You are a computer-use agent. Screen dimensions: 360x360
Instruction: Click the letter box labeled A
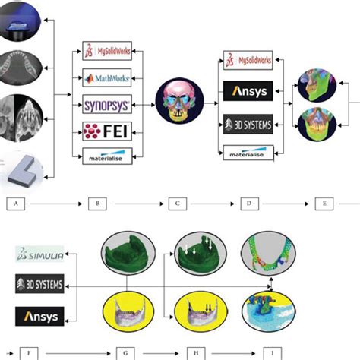pos(17,204)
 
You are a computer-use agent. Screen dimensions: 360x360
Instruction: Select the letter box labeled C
pos(177,204)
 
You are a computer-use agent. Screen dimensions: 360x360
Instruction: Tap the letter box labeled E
pos(327,204)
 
